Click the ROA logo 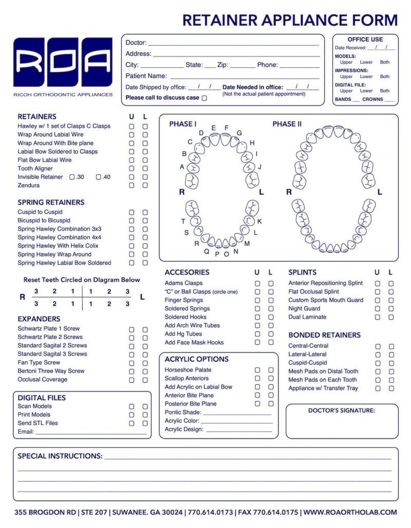[63, 62]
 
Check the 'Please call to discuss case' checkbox [204, 97]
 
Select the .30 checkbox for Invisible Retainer [72, 177]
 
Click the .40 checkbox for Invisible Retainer [98, 177]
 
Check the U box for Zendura [132, 185]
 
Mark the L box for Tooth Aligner [145, 168]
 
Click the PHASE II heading [287, 124]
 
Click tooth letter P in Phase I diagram [217, 254]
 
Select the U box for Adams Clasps [257, 283]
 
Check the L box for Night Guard [391, 309]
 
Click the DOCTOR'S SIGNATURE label [341, 410]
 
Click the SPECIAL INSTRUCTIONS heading [60, 456]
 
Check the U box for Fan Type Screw [132, 363]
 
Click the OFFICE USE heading [365, 40]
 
